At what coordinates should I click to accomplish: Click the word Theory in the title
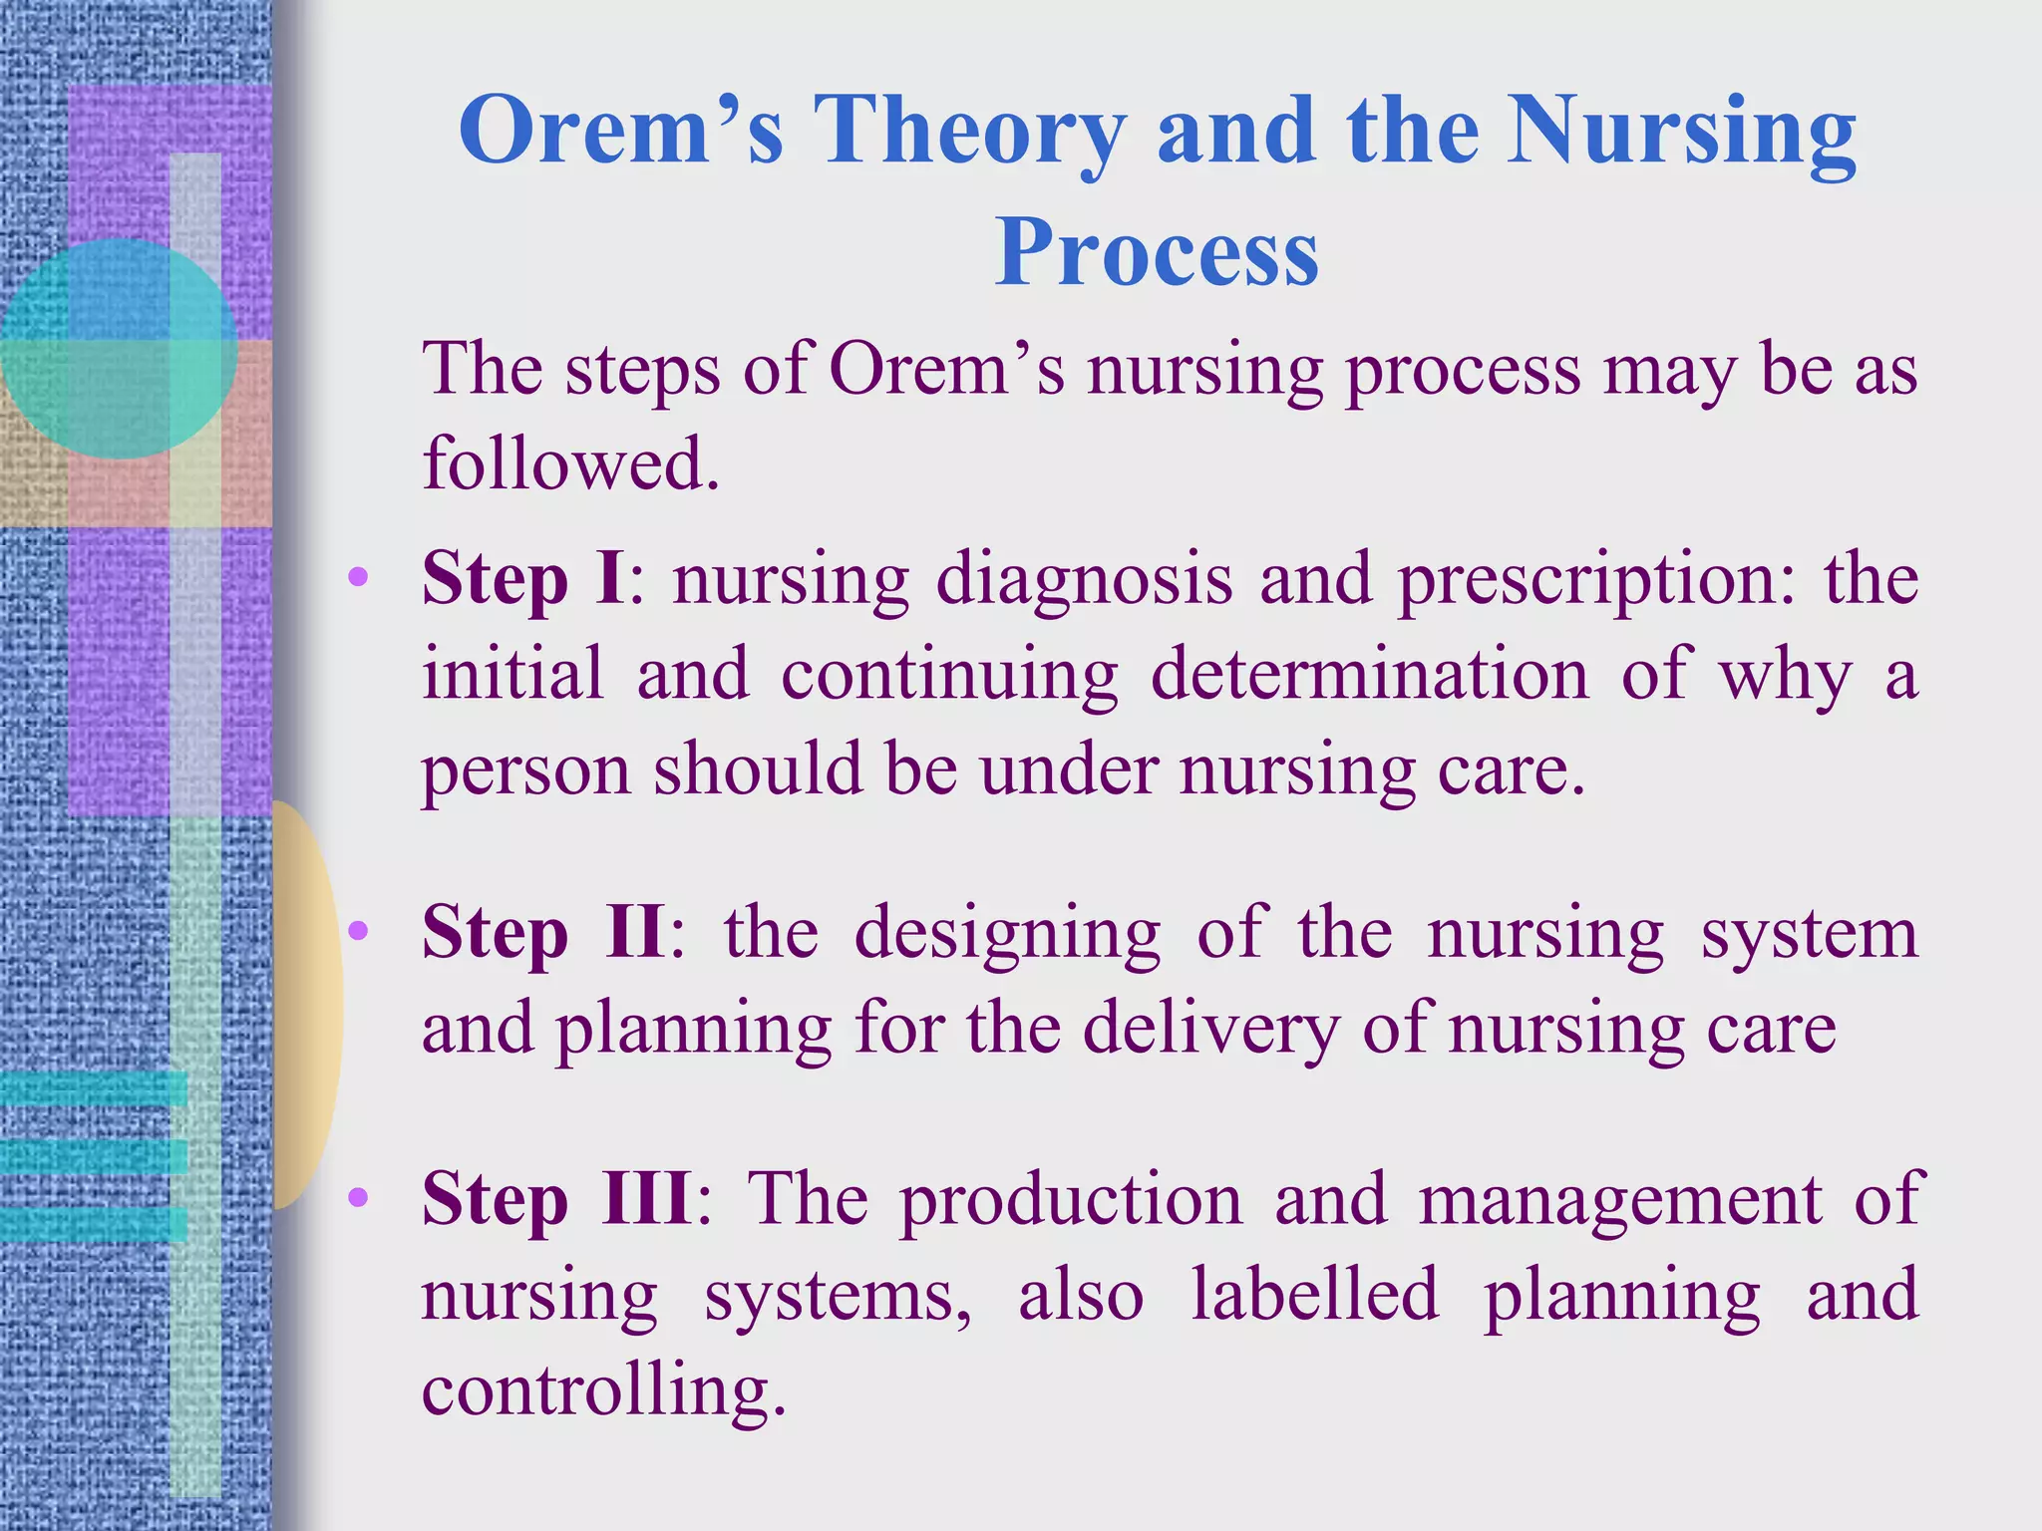(x=969, y=132)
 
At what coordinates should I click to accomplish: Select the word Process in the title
(x=1157, y=253)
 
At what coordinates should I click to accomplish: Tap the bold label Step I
(x=524, y=579)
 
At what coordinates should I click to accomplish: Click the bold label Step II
(x=542, y=933)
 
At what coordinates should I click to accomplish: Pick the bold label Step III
(x=558, y=1199)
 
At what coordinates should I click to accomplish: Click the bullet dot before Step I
(x=358, y=577)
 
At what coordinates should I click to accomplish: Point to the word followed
(x=570, y=463)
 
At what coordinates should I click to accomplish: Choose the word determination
(x=1369, y=674)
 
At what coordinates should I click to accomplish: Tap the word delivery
(x=1210, y=1029)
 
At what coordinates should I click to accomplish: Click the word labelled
(x=1315, y=1295)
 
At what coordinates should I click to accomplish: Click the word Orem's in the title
(x=620, y=132)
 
